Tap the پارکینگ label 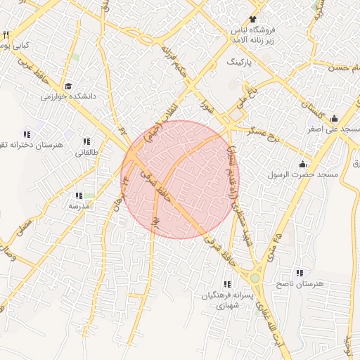244,63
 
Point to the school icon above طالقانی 87,141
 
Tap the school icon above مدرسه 79,196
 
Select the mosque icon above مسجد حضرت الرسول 303,163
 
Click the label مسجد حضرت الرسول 307,174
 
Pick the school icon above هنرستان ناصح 300,272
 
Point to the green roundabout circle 255,278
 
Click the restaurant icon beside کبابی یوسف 6,34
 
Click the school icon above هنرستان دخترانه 27,134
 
